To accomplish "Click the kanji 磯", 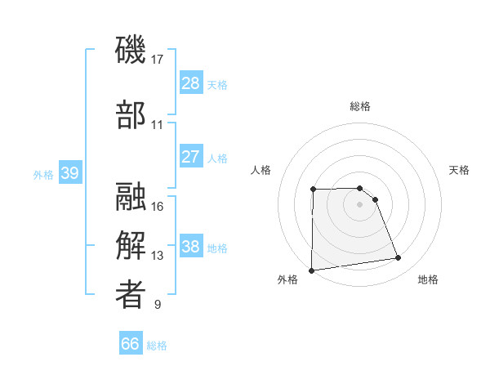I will coord(131,51).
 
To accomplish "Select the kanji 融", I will coord(131,197).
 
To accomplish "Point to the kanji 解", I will coord(131,245).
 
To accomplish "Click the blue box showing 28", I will coord(190,83).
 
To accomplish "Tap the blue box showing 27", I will coord(190,157).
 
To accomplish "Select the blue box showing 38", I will coord(190,247).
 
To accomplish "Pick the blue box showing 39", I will coord(69,174).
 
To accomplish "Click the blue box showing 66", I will coord(131,344).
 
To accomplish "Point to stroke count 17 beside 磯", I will coord(158,59).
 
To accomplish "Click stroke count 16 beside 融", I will coord(158,206).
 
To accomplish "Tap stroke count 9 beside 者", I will coord(158,305).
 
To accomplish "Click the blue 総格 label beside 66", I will coord(157,346).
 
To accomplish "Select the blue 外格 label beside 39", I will coord(43,175).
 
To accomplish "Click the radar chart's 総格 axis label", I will coord(359,106).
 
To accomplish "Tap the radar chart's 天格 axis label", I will coord(459,170).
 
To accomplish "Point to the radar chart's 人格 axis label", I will coord(261,170).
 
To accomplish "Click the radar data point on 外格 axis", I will coord(311,270).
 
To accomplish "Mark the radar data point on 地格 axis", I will coord(399,258).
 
